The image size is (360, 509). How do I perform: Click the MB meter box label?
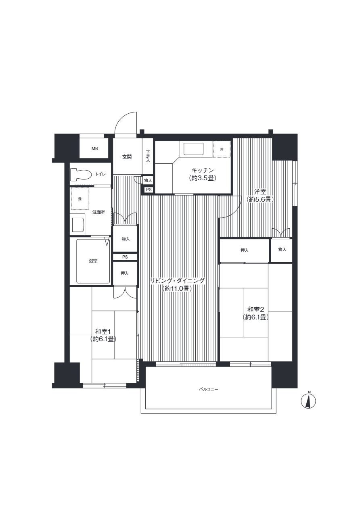(94, 148)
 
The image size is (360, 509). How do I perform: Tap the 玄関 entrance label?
(127, 157)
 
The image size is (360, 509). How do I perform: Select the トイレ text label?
(100, 174)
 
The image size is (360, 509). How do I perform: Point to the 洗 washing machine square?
(80, 198)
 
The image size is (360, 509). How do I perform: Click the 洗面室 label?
(98, 212)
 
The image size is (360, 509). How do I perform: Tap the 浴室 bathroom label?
(93, 261)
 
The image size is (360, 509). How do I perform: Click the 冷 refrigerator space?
(222, 149)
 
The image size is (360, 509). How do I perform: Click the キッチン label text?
(203, 170)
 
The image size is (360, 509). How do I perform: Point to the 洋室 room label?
(260, 192)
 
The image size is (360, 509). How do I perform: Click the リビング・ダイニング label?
(178, 281)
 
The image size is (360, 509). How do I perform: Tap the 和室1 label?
(103, 331)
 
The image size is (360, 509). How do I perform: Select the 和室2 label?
(255, 309)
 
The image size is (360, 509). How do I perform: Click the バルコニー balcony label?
(209, 389)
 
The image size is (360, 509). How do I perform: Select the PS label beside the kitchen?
(149, 190)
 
